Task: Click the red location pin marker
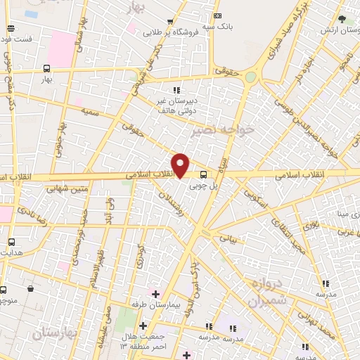(181, 165)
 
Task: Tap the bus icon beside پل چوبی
(203, 174)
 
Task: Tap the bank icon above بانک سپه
(217, 15)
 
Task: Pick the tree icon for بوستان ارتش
(342, 19)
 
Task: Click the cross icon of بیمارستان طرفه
(155, 292)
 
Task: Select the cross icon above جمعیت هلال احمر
(143, 326)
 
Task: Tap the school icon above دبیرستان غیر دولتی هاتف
(176, 89)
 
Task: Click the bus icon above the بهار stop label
(46, 69)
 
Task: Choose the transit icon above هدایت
(11, 241)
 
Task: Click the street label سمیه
(89, 111)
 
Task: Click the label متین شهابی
(68, 188)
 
